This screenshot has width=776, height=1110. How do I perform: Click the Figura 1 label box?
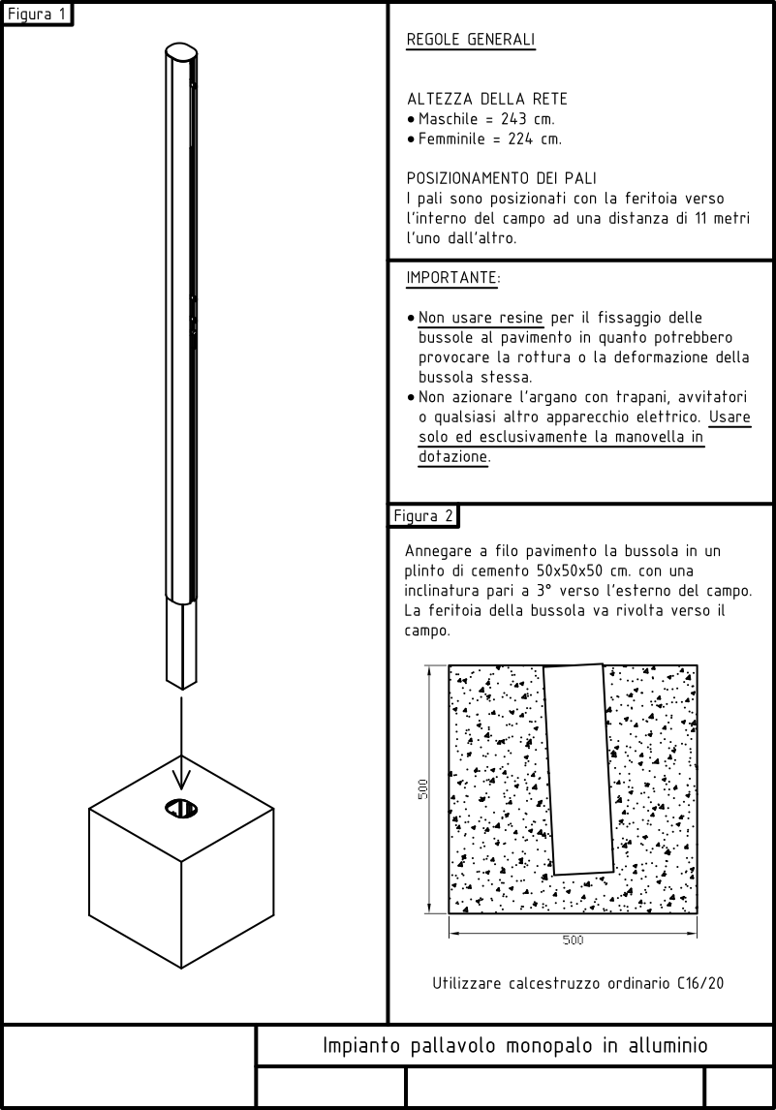(x=37, y=15)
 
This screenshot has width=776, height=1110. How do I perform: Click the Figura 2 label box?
(x=423, y=515)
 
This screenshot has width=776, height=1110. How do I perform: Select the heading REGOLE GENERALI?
(x=471, y=42)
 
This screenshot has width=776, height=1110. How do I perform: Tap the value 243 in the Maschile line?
(x=518, y=119)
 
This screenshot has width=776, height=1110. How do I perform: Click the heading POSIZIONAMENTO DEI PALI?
(x=501, y=178)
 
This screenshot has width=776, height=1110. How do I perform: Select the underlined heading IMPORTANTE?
(x=453, y=278)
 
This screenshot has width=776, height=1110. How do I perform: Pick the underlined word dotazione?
(x=452, y=456)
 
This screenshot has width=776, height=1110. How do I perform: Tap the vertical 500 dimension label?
(x=423, y=789)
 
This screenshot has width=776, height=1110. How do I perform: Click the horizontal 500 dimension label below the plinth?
(x=573, y=940)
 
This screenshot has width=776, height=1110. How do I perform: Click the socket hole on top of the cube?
(x=181, y=808)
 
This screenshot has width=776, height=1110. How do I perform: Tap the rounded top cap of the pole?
(x=180, y=52)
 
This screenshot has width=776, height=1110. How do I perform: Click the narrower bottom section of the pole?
(x=181, y=644)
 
